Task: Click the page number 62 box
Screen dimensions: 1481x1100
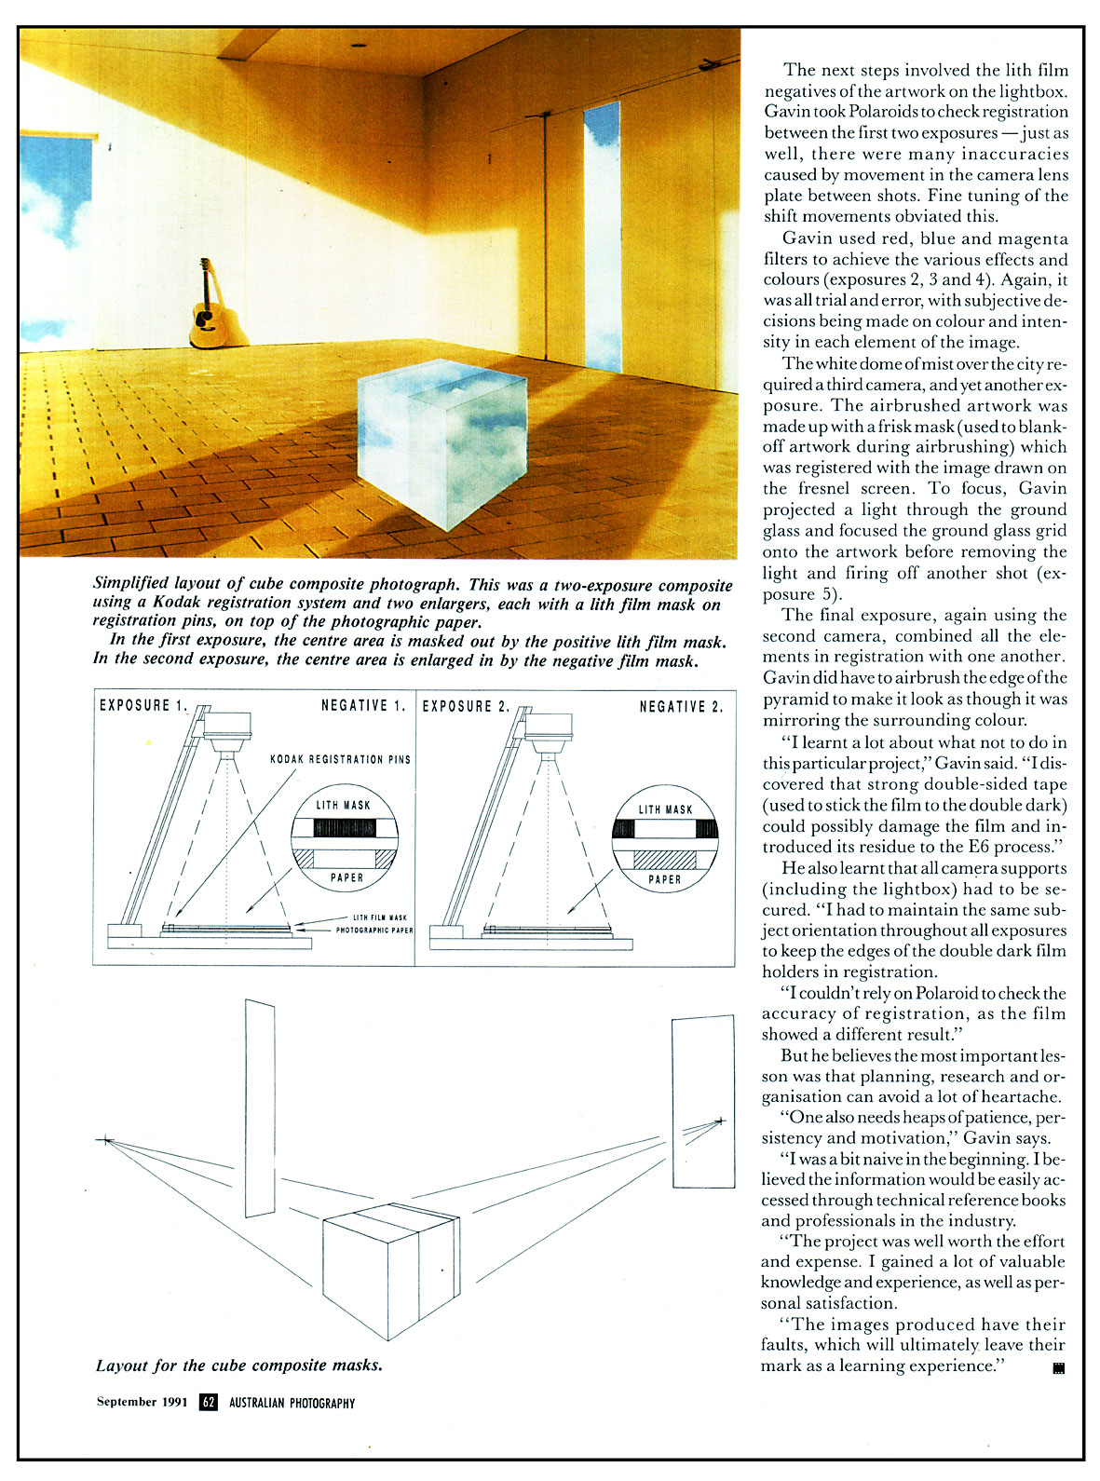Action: pos(209,1402)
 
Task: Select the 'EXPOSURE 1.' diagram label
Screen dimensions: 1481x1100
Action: pos(143,706)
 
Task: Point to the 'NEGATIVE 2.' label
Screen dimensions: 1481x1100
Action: pos(680,707)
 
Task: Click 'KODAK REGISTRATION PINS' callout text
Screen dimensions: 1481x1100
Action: pos(340,759)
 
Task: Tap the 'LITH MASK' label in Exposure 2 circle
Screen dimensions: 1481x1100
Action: pos(665,809)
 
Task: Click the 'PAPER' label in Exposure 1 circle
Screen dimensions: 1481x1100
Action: pos(346,877)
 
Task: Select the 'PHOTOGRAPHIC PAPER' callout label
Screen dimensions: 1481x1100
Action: pos(374,930)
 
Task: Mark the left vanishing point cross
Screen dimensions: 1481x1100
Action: pos(105,1139)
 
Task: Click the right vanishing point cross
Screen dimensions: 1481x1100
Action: pos(719,1121)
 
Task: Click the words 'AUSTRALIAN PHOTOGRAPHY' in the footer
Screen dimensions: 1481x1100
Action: pos(292,1403)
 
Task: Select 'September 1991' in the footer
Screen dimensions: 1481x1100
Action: pos(142,1402)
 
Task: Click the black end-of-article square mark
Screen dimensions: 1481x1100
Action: pos(1057,1368)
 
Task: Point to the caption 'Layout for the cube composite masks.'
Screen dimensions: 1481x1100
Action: pos(238,1366)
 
